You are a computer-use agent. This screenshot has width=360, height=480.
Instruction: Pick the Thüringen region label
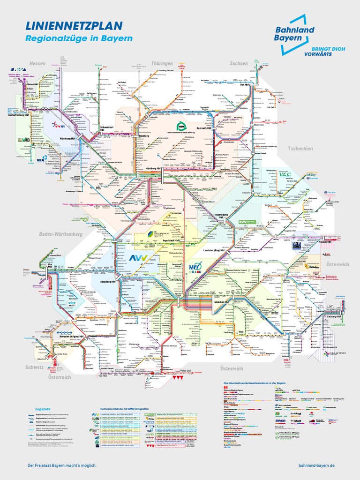click(x=162, y=63)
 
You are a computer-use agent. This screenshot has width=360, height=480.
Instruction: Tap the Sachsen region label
click(x=238, y=63)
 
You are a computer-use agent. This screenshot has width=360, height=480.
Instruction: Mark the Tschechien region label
click(x=300, y=149)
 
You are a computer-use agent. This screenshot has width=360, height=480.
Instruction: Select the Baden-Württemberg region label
click(x=60, y=233)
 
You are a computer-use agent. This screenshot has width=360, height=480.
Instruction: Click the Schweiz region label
click(x=35, y=367)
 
